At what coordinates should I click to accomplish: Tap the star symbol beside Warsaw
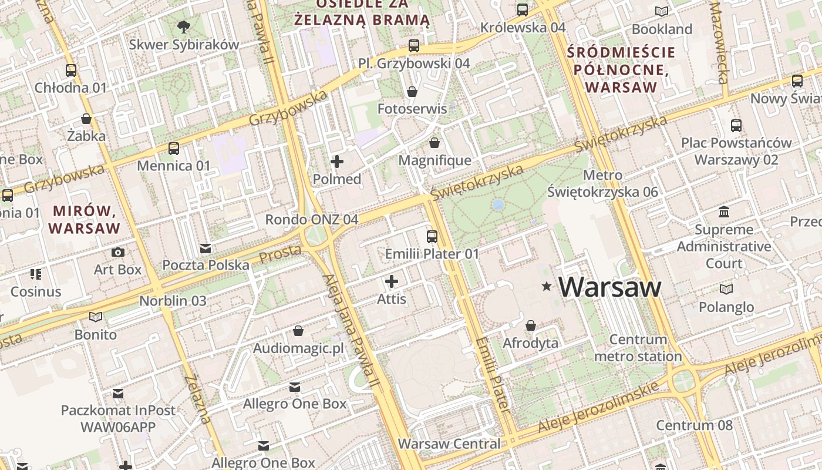pos(547,287)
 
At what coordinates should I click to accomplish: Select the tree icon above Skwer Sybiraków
pos(184,26)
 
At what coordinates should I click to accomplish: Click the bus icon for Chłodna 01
pos(71,70)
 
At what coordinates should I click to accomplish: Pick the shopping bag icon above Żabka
pos(86,119)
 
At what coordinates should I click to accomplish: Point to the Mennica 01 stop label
pos(173,166)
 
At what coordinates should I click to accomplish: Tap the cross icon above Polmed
pos(337,161)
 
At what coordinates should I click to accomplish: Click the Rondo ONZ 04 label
pos(311,220)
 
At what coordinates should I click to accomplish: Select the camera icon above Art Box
pos(118,252)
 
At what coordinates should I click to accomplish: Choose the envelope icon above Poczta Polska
pos(206,248)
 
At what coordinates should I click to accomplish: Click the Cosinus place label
pos(36,291)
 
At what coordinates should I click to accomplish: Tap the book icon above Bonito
pos(96,317)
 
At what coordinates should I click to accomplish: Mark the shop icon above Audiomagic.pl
pos(298,331)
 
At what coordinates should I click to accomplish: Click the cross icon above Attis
pos(392,281)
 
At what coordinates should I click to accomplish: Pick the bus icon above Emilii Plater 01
pos(432,236)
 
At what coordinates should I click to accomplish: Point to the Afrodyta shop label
pos(531,343)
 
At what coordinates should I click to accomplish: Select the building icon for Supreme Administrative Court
pos(724,211)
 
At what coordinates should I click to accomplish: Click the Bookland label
pos(662,29)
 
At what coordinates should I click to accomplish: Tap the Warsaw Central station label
pos(449,444)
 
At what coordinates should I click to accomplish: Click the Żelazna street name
pos(197,399)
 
